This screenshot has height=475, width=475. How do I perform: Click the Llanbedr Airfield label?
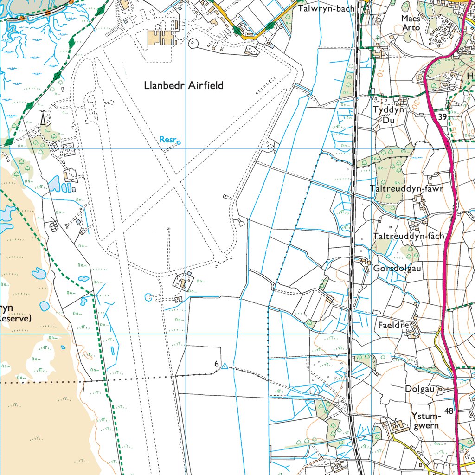[x=184, y=85]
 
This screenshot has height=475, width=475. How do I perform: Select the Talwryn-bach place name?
[x=326, y=8]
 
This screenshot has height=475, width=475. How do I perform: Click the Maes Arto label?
[x=411, y=23]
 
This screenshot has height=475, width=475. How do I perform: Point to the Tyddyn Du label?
[x=389, y=115]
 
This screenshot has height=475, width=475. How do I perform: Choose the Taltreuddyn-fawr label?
[x=407, y=188]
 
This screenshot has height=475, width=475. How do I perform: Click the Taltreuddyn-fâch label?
[x=408, y=236]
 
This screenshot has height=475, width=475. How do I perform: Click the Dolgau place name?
[x=419, y=389]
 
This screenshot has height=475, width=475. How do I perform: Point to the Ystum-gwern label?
[x=425, y=420]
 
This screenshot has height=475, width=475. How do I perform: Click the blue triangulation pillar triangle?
[x=225, y=367]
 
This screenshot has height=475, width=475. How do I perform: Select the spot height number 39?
[x=442, y=117]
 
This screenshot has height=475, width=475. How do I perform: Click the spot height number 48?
[x=448, y=411]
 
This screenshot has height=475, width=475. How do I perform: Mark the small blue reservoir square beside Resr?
[x=179, y=142]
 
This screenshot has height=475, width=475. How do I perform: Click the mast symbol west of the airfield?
[x=43, y=119]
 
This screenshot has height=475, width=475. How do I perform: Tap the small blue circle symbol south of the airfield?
[x=148, y=297]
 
